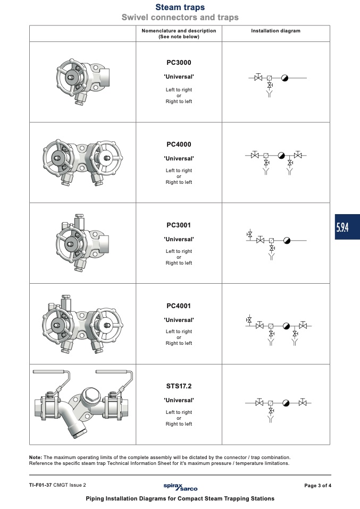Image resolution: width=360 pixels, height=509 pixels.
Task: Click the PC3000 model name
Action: [179, 63]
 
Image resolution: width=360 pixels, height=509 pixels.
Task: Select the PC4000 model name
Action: [179, 145]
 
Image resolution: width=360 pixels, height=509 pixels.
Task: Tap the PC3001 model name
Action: [179, 225]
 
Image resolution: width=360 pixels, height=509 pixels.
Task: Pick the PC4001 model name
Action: [179, 306]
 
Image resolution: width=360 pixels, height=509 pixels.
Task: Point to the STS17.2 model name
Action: [179, 386]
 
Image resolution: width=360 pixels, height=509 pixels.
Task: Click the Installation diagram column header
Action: [275, 31]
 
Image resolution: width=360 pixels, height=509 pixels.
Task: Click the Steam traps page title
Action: [180, 7]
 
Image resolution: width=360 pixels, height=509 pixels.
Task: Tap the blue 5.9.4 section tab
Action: [347, 227]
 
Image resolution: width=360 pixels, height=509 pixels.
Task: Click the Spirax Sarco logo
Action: [180, 487]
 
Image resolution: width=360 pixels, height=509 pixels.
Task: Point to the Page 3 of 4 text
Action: [318, 486]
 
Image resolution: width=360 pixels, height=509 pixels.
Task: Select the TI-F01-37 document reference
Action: [40, 485]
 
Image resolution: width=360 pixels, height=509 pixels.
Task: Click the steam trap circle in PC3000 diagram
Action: [284, 78]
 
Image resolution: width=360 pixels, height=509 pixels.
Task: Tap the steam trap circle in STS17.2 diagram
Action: [286, 403]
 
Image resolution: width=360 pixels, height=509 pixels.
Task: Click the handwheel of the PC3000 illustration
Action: [72, 78]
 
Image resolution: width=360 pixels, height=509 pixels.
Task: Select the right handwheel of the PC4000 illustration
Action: [106, 158]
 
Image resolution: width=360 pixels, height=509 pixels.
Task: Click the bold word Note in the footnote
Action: [36, 457]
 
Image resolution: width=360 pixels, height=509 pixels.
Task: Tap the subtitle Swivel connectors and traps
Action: [180, 17]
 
